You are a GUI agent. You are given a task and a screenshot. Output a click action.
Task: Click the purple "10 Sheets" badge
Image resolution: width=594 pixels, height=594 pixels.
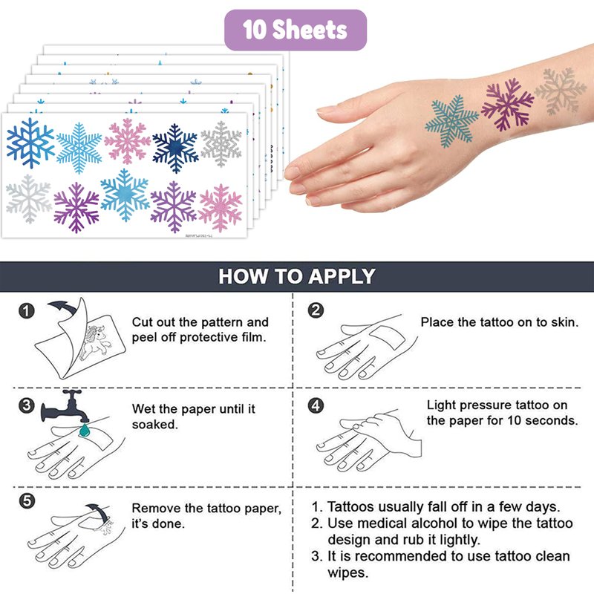click(x=296, y=30)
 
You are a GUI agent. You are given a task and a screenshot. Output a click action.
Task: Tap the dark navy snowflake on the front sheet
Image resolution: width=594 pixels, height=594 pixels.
click(x=175, y=148)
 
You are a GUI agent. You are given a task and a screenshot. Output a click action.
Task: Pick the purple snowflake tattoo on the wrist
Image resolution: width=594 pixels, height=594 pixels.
click(x=508, y=104)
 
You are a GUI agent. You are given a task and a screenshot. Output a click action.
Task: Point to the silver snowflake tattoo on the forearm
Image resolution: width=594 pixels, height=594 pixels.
click(x=561, y=91)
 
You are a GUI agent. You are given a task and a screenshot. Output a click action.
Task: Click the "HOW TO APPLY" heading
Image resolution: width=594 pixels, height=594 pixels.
click(x=296, y=276)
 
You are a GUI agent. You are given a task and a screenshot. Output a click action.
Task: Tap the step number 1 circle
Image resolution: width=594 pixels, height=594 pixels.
click(x=27, y=310)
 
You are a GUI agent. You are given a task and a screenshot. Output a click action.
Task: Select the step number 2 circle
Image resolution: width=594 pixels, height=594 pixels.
click(x=316, y=310)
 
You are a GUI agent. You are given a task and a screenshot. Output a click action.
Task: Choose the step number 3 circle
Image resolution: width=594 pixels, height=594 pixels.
click(x=27, y=405)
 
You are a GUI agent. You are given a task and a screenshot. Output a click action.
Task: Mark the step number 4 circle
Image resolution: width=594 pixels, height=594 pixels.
click(x=316, y=405)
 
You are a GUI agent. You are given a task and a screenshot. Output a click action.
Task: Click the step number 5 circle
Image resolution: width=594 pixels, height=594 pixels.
click(x=27, y=500)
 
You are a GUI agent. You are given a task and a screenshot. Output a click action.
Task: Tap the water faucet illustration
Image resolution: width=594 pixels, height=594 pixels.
click(x=65, y=406)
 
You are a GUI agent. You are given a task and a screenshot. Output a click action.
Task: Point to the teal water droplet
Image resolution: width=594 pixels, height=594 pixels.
click(x=84, y=430)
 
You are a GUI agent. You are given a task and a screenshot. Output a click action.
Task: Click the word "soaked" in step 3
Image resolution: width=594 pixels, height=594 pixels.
click(x=154, y=424)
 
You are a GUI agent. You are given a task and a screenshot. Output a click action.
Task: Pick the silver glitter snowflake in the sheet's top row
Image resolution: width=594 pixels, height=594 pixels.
click(x=221, y=144)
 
